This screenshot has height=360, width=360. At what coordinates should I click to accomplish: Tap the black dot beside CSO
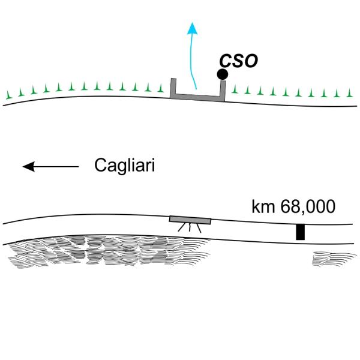coord(222,74)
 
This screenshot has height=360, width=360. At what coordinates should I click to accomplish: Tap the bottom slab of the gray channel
coord(197,97)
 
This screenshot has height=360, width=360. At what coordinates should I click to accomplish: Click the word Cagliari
coord(125,166)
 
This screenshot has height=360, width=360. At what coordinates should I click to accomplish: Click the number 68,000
coord(309,208)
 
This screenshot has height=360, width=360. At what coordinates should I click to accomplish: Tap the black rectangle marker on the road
coord(300,232)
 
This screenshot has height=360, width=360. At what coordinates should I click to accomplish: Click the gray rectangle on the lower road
coord(190,220)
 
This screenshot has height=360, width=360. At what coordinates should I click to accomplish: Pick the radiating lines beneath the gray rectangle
coord(190,228)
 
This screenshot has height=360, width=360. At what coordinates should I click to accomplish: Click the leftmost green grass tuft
coord(8,95)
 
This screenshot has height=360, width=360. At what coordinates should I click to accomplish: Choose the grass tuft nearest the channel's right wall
coord(234,91)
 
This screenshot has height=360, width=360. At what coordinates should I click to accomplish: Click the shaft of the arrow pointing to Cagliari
coord(57,166)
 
